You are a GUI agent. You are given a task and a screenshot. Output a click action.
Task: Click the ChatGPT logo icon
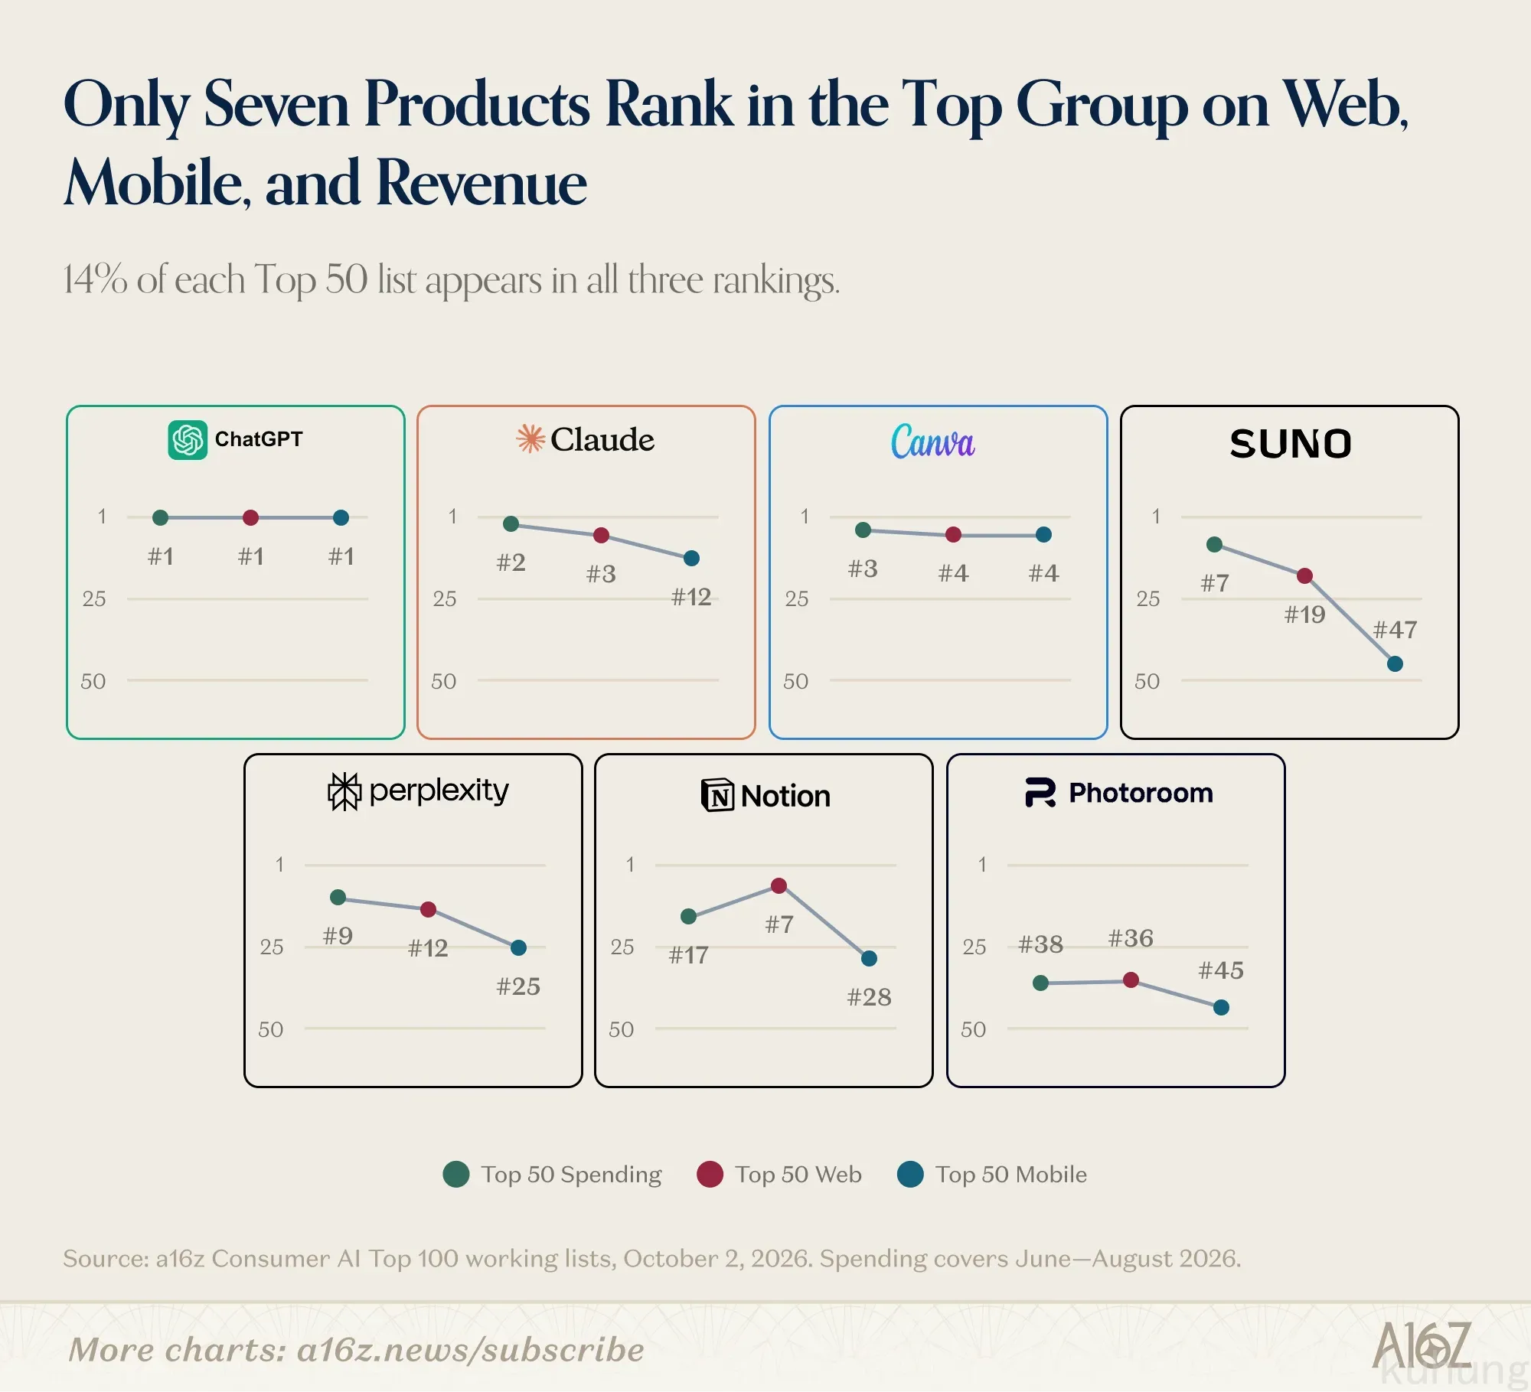coord(188,440)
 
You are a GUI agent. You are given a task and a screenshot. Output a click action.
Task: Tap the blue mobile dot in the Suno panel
coord(1395,663)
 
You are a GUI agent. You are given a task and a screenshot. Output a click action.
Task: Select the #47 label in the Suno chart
coord(1395,630)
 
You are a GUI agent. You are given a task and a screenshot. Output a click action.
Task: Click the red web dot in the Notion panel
coord(779,885)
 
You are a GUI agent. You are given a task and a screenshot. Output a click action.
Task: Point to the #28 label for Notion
coord(869,997)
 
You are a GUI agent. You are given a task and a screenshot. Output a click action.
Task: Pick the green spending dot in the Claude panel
coord(511,523)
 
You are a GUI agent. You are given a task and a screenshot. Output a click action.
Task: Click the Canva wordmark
coord(932,442)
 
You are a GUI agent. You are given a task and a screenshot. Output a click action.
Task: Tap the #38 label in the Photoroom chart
coord(1040,944)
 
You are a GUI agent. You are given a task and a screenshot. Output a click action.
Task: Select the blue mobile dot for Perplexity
coord(518,947)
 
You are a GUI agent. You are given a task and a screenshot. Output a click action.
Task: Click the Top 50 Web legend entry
coord(779,1175)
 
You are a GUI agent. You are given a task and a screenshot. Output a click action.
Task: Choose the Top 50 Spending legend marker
coord(456,1175)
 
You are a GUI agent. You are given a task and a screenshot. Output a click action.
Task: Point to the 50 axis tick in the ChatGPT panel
coord(93,681)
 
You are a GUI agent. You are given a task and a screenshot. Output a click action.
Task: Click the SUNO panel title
coord(1291,444)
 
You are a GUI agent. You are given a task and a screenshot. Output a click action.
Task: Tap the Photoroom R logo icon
coord(1040,793)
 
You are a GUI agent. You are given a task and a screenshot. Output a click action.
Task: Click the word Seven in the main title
coord(276,104)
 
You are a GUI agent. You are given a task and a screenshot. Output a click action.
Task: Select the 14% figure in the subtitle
coord(95,279)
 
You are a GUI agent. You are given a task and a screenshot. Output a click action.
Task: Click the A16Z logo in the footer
coord(1422,1345)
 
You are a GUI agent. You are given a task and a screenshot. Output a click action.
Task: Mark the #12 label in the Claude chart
coord(691,597)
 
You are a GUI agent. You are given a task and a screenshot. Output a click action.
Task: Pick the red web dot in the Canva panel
coord(953,534)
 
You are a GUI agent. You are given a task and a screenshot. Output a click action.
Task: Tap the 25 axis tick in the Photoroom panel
coord(974,947)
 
